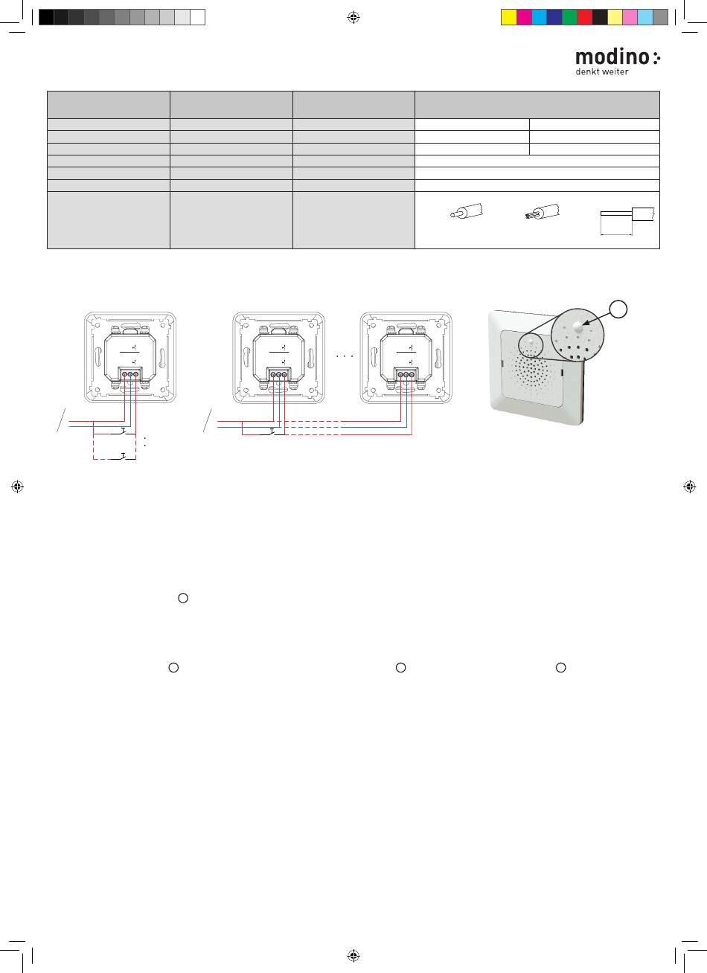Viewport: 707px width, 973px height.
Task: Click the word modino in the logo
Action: tap(612, 57)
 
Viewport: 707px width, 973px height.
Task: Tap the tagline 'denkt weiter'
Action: tap(602, 71)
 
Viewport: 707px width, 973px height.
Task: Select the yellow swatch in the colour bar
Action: tap(508, 17)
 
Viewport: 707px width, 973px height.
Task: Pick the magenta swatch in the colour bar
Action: tap(524, 17)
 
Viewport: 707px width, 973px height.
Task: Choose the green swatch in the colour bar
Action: tap(569, 17)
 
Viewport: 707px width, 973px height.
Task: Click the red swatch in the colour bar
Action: tap(584, 17)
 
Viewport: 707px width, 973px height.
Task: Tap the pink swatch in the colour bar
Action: tap(630, 17)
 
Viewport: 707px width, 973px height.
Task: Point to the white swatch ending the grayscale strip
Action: tap(197, 17)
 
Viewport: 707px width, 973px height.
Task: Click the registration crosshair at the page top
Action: tap(353, 17)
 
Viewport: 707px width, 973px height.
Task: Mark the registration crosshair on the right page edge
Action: tap(689, 486)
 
